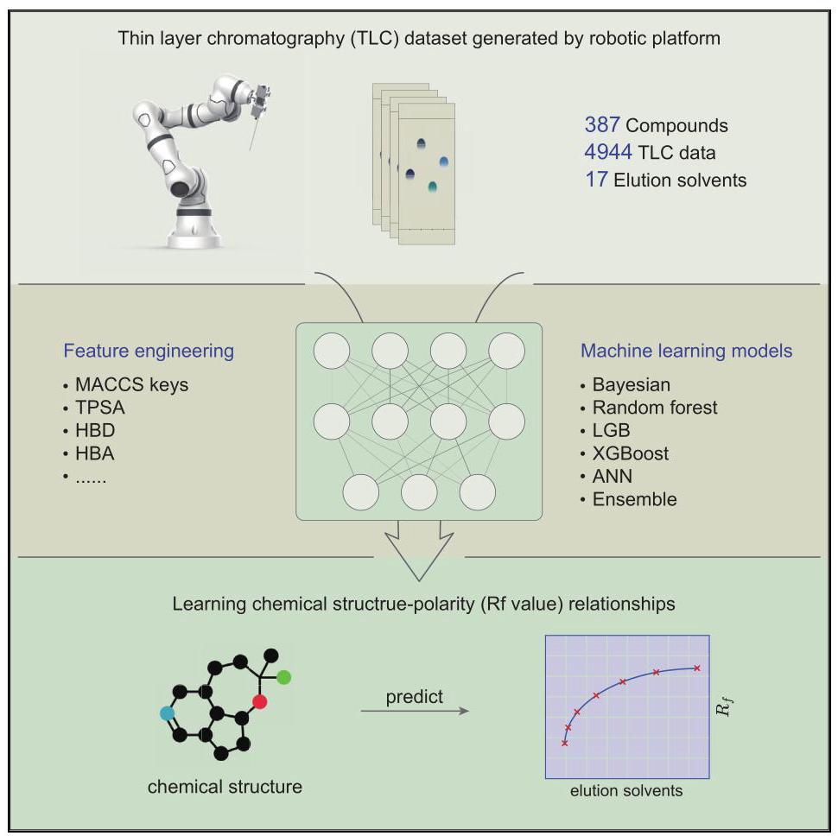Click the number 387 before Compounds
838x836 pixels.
click(x=602, y=125)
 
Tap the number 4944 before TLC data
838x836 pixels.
click(x=608, y=152)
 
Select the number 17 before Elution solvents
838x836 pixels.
click(x=596, y=180)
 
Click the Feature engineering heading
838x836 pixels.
click(x=149, y=351)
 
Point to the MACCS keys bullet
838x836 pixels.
click(x=131, y=384)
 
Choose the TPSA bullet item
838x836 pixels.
click(x=100, y=408)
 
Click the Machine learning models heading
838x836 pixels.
click(x=686, y=351)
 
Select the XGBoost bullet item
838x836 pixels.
click(x=630, y=453)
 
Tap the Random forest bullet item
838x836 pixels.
click(x=655, y=408)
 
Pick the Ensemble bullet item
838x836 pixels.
click(x=634, y=499)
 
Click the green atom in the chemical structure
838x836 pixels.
click(x=283, y=677)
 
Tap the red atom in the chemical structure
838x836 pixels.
click(x=260, y=701)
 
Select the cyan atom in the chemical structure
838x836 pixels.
click(x=168, y=713)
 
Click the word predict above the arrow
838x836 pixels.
click(x=414, y=697)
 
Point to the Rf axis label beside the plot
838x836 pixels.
click(x=724, y=706)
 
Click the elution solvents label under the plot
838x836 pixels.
click(x=626, y=790)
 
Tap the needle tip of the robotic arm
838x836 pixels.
click(x=251, y=149)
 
